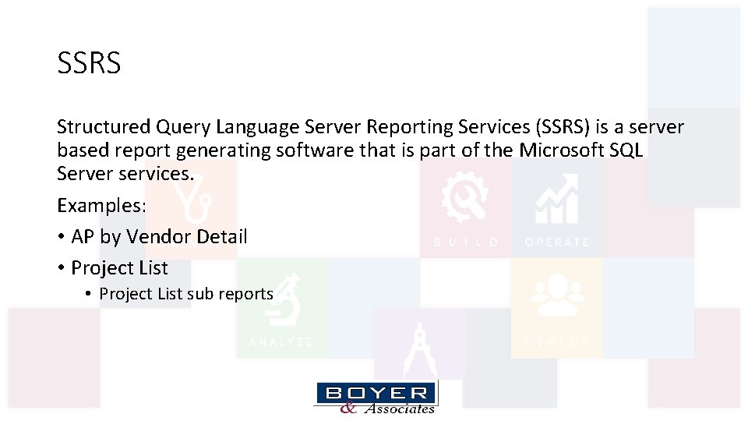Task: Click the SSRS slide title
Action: click(89, 63)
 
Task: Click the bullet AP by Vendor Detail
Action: click(159, 236)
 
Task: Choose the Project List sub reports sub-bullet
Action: click(186, 294)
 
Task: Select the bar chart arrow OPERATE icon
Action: click(556, 198)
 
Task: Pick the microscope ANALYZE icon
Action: click(282, 299)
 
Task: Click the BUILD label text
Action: click(466, 242)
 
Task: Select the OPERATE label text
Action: click(557, 242)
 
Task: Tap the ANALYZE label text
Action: click(281, 342)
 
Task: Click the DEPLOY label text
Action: click(557, 342)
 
